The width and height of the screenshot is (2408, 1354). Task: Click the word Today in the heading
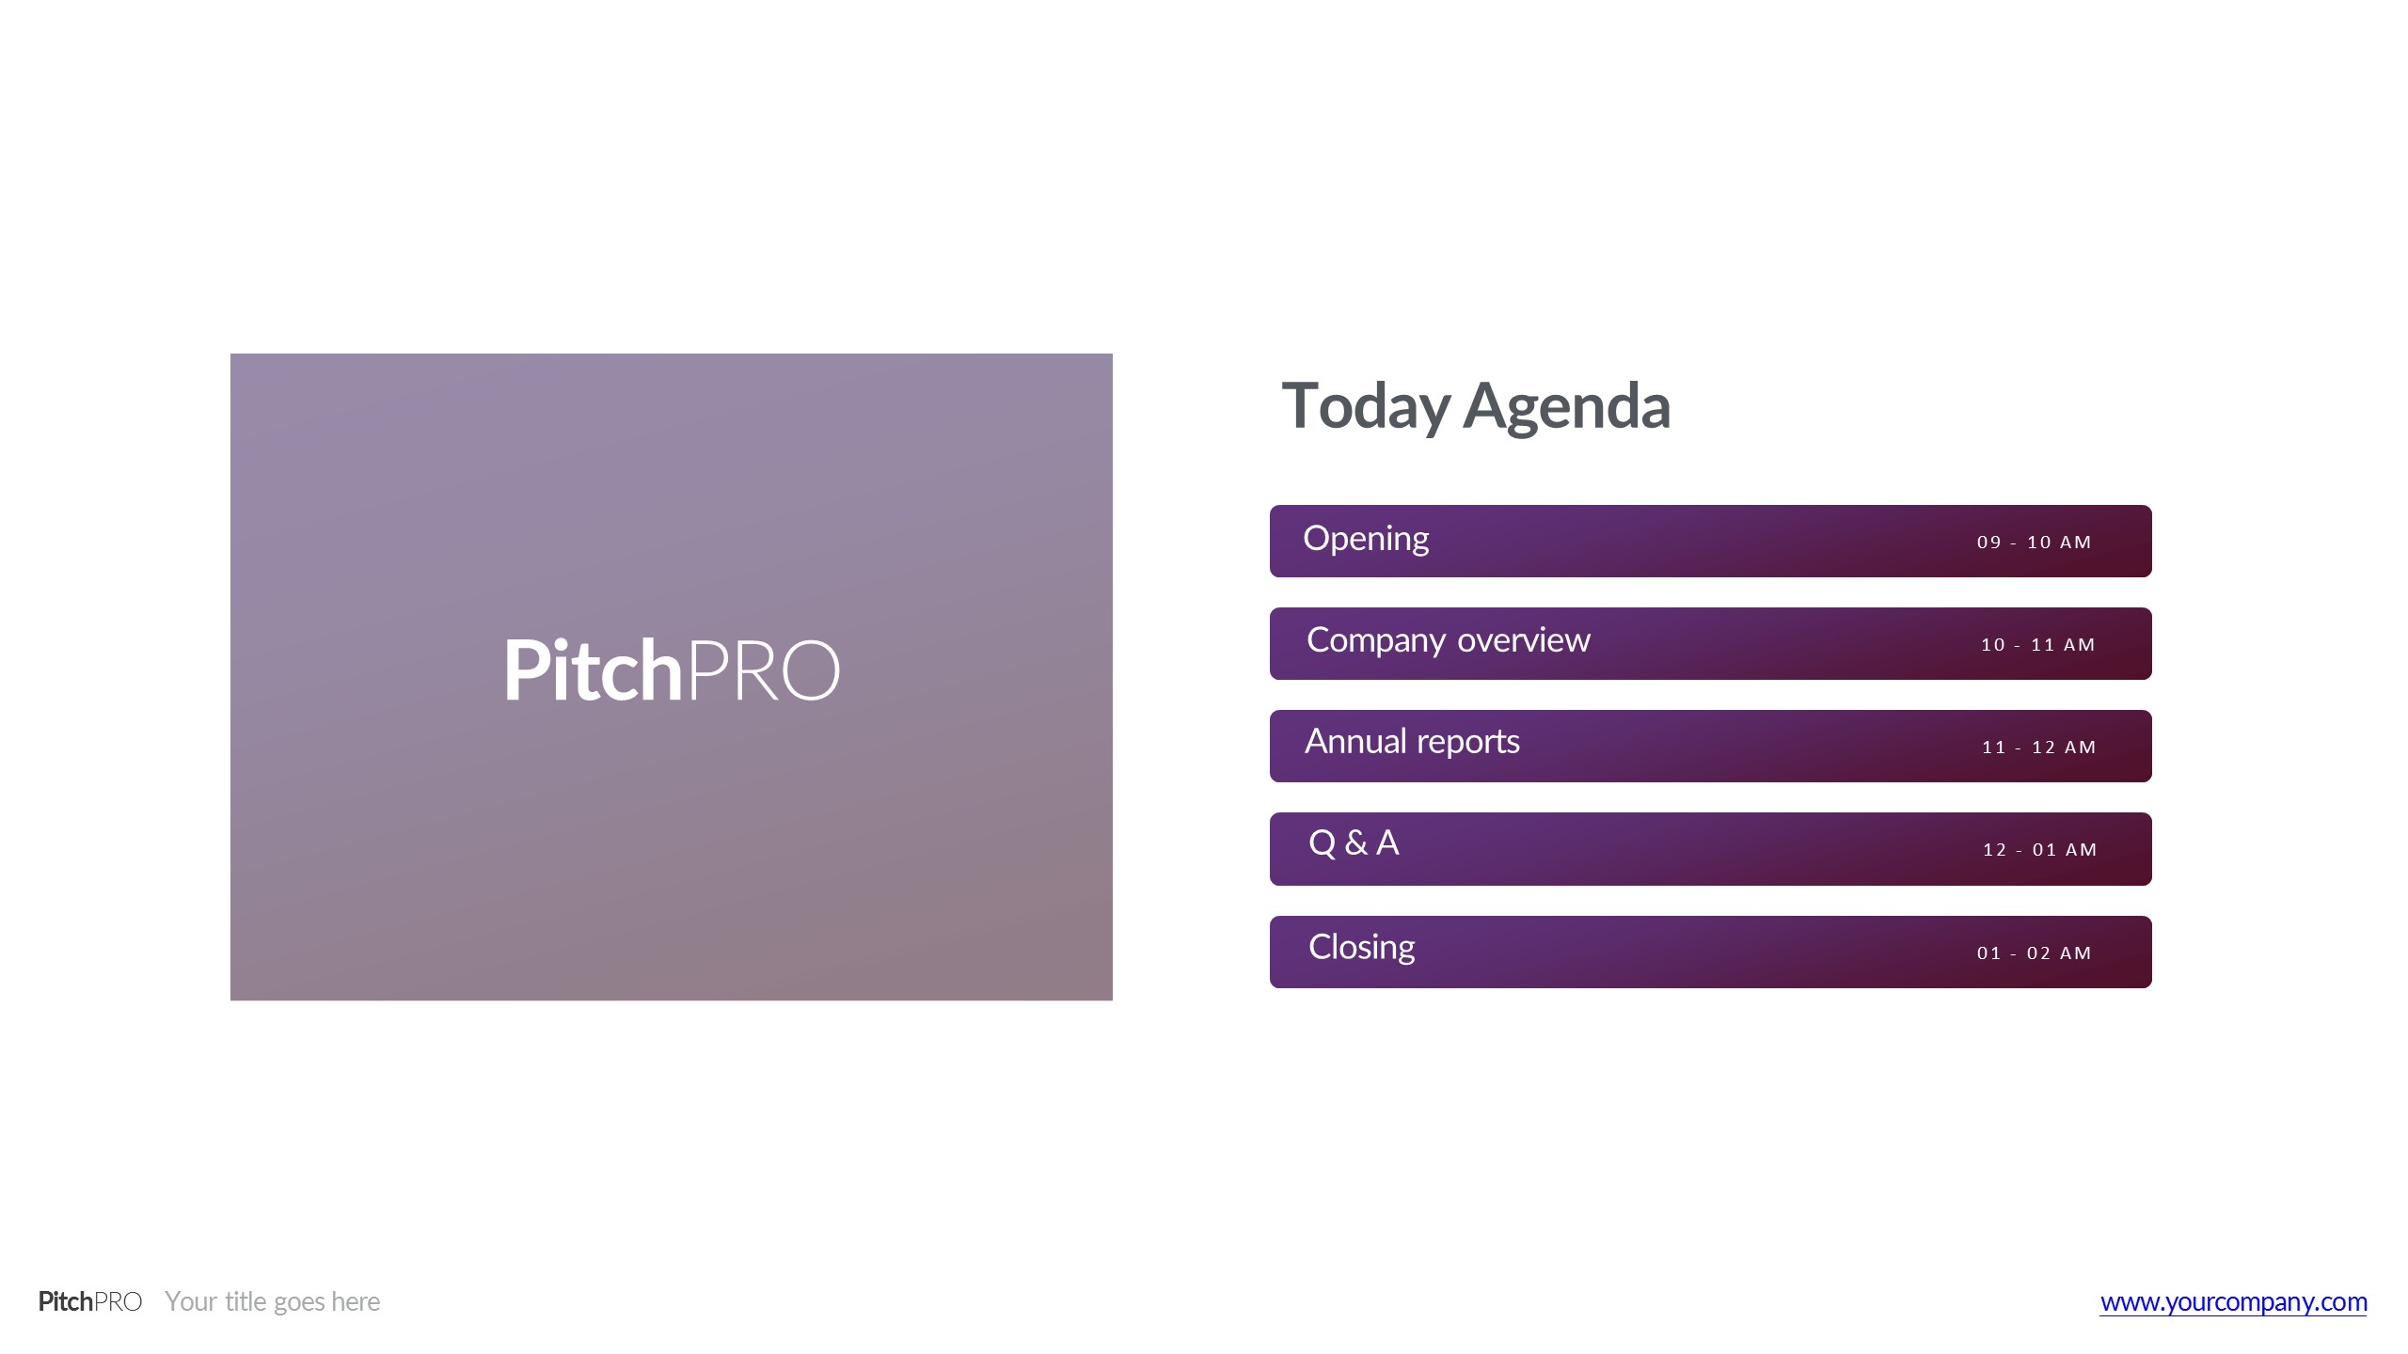click(1366, 407)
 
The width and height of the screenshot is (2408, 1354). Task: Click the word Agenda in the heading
click(1567, 407)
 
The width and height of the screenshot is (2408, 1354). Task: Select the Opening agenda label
click(1366, 540)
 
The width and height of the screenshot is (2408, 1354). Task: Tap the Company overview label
click(1449, 640)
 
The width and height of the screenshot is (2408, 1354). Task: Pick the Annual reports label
click(1412, 743)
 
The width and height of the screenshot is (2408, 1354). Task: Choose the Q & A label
click(1354, 842)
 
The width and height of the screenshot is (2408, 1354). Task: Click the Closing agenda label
click(1361, 948)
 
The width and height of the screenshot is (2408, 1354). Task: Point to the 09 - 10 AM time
click(2034, 543)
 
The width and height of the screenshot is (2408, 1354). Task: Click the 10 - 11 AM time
click(2038, 645)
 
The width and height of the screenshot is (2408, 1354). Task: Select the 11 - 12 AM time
click(2039, 748)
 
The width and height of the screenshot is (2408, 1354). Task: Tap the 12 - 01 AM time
click(2040, 850)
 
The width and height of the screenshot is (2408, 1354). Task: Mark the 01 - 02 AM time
click(2034, 953)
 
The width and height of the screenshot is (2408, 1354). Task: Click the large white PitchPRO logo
click(672, 669)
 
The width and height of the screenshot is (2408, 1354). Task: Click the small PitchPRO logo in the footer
click(90, 1301)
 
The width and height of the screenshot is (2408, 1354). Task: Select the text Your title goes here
click(273, 1301)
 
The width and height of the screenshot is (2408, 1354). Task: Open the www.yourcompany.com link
click(2234, 1302)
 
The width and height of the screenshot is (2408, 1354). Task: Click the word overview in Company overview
click(1524, 640)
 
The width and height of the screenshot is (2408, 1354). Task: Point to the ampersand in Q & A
click(1356, 842)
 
